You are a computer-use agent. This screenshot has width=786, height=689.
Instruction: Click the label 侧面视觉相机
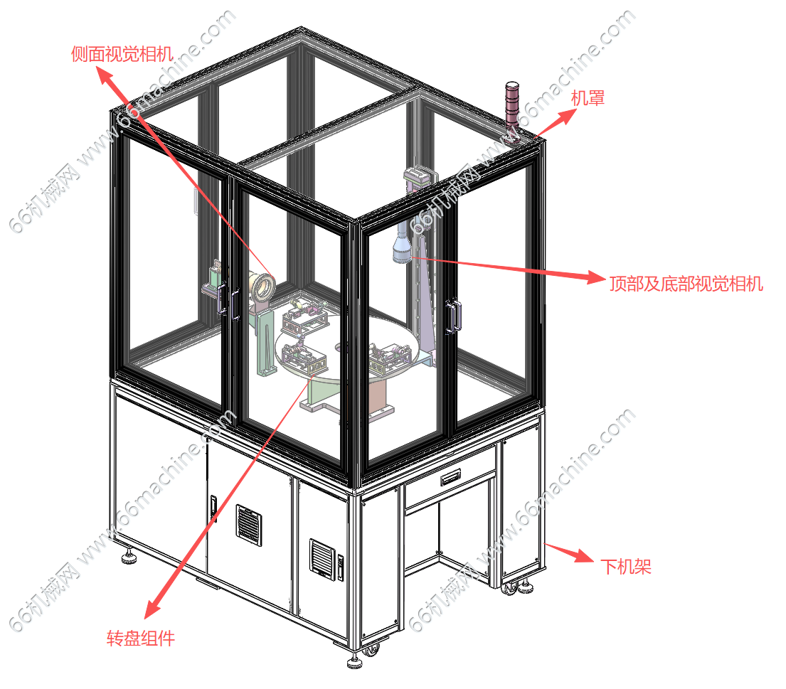tap(122, 54)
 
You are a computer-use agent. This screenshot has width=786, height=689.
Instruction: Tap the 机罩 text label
tap(588, 97)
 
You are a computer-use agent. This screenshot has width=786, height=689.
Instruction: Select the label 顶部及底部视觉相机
tap(686, 284)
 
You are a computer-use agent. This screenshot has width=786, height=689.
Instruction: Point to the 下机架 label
tap(625, 567)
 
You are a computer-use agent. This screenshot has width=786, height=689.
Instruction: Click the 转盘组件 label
tap(141, 639)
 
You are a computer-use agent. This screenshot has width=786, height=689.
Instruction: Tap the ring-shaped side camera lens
tap(264, 287)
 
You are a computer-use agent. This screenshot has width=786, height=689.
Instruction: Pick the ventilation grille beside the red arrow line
tap(248, 525)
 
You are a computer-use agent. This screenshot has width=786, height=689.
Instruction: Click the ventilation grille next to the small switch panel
tap(322, 559)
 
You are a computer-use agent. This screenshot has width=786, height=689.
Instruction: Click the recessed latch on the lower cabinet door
tap(214, 507)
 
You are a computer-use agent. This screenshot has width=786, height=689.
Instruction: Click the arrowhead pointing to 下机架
tap(585, 556)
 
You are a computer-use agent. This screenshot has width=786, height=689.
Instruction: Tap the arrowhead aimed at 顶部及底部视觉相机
tap(597, 277)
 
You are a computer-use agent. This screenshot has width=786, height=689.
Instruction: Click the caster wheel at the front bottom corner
tap(371, 651)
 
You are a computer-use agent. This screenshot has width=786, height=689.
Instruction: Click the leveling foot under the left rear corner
tap(129, 557)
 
